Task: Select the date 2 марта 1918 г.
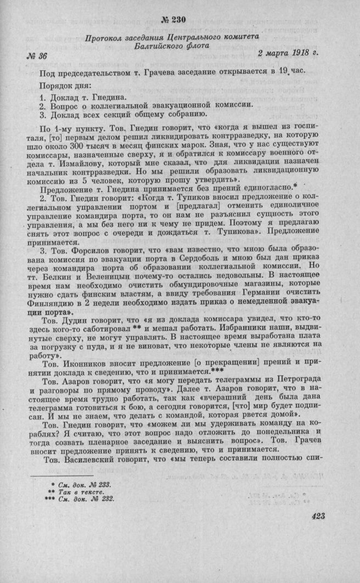point(287,54)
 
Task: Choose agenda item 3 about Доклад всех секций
point(123,114)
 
